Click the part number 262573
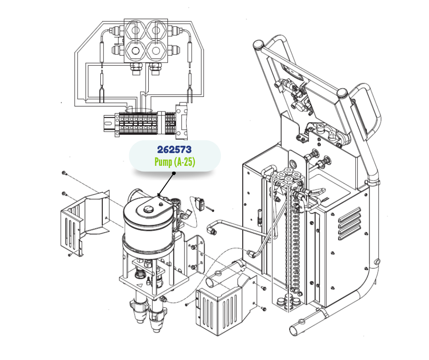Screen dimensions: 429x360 [174, 149]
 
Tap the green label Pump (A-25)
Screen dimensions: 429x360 [175, 162]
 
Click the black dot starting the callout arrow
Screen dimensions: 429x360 [174, 173]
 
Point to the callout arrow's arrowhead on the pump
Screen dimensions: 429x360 [159, 195]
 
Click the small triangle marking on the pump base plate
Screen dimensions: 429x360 [140, 285]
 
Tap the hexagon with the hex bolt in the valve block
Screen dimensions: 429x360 [135, 51]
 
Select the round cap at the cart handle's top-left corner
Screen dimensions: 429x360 [258, 44]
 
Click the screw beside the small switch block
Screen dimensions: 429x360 [210, 210]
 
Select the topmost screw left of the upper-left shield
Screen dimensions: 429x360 [64, 173]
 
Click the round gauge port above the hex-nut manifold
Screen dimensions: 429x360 [293, 163]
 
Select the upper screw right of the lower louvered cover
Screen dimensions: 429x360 [263, 288]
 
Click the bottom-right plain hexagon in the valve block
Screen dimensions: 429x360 [156, 51]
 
